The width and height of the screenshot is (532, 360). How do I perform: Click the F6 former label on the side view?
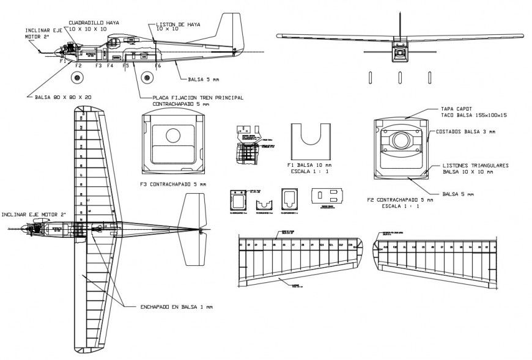(x=158, y=65)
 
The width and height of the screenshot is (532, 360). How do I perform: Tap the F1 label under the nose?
(x=62, y=61)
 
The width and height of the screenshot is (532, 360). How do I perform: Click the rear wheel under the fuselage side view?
(x=147, y=78)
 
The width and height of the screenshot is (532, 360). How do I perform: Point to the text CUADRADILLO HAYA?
(x=94, y=22)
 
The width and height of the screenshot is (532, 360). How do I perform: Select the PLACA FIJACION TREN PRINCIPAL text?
(x=191, y=97)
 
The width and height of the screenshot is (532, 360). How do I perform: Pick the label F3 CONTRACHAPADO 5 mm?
(x=173, y=183)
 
